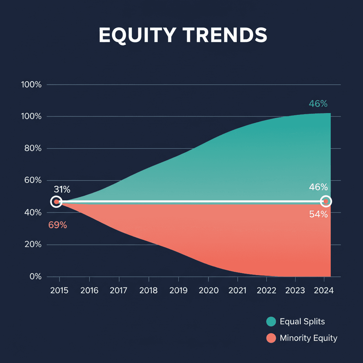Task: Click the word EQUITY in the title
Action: click(x=137, y=35)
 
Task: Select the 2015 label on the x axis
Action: click(x=60, y=291)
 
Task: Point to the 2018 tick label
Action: click(x=148, y=291)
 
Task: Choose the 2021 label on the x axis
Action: click(x=237, y=291)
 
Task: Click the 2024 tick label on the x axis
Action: click(x=324, y=291)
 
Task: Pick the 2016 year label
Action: click(x=89, y=291)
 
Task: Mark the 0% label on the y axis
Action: click(x=35, y=277)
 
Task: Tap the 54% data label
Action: click(x=318, y=214)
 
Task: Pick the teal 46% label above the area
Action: click(x=318, y=104)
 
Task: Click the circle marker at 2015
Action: click(x=56, y=202)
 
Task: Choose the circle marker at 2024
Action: click(x=326, y=202)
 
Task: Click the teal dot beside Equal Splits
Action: click(x=271, y=322)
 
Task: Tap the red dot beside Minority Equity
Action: click(x=271, y=338)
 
